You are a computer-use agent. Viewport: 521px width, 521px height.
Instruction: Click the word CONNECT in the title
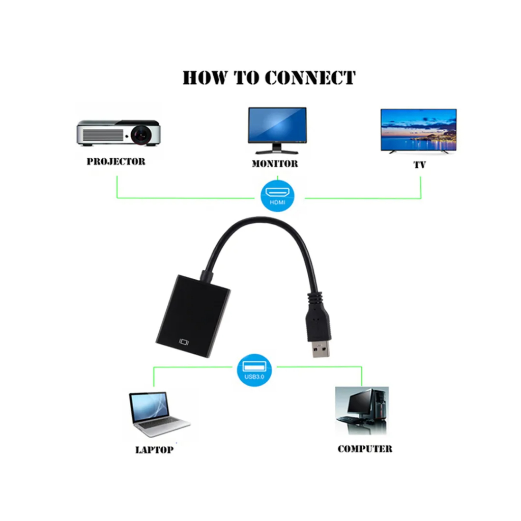[310, 78]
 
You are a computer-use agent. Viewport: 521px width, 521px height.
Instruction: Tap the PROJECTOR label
[116, 162]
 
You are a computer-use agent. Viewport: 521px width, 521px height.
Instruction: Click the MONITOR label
[275, 164]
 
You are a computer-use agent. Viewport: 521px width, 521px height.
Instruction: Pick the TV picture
[418, 130]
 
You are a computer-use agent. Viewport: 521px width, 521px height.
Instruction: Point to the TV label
[420, 165]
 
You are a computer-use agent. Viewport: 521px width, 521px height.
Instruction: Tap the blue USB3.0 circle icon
[254, 369]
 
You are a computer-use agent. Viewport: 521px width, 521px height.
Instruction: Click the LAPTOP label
[154, 450]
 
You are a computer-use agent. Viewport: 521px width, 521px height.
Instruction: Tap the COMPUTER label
[365, 449]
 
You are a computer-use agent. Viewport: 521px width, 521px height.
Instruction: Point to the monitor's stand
[277, 149]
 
